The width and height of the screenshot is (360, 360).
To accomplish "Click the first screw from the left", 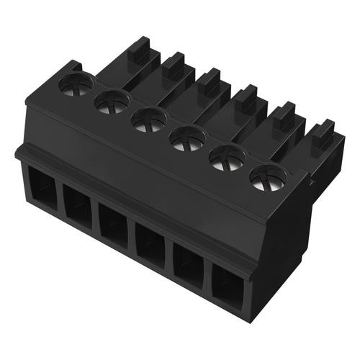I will (76, 85).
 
